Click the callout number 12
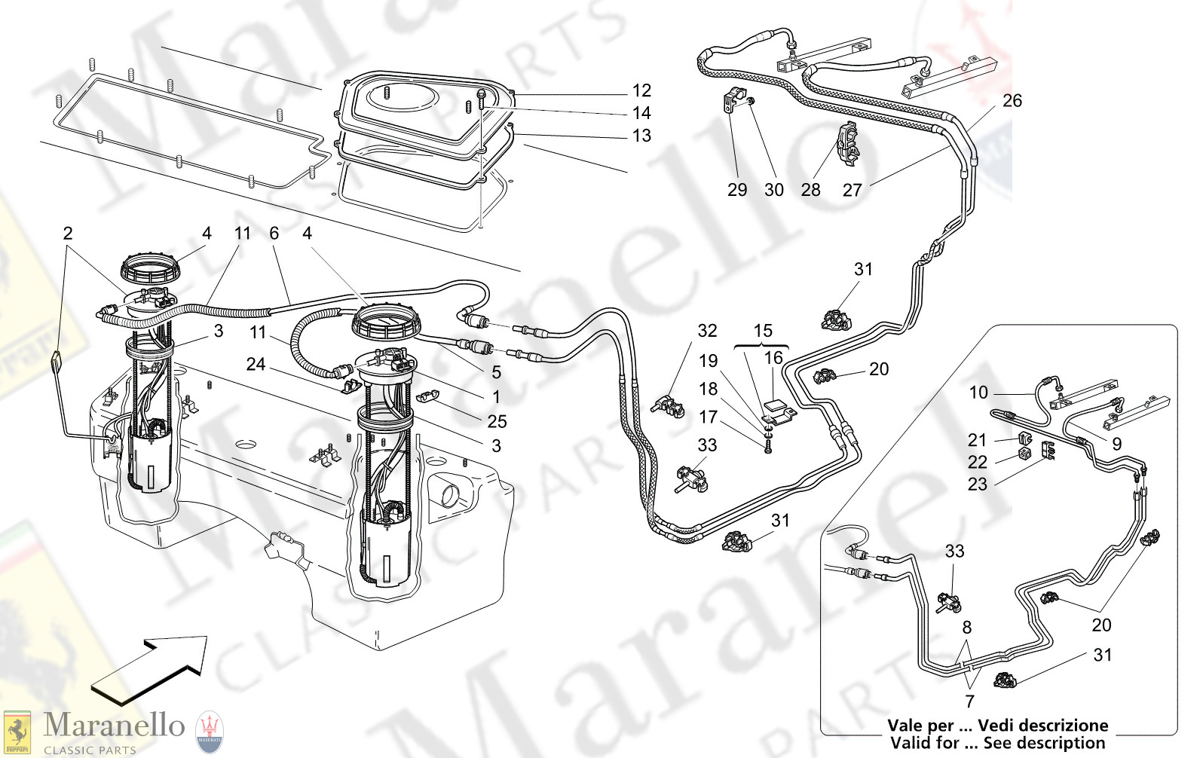tap(641, 90)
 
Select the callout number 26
tap(1012, 101)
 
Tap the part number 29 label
tap(737, 190)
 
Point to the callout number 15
tap(763, 331)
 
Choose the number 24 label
tap(256, 364)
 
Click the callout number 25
tap(497, 421)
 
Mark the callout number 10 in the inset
tap(978, 393)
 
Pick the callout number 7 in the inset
tap(969, 701)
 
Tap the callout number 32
tap(707, 331)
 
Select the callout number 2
tap(68, 234)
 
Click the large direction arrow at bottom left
tap(151, 663)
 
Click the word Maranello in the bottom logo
tap(114, 726)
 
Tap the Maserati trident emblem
tap(210, 732)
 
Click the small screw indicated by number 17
tap(768, 447)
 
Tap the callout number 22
tap(977, 462)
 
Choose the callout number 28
tap(810, 190)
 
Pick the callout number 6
tap(274, 234)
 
